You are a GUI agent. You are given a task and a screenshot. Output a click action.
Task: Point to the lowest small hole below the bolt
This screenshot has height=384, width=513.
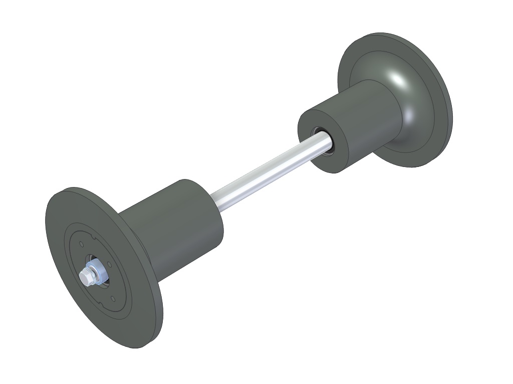click(x=113, y=299)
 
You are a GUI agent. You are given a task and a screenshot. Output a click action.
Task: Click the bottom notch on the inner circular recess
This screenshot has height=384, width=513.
click(x=106, y=305)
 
